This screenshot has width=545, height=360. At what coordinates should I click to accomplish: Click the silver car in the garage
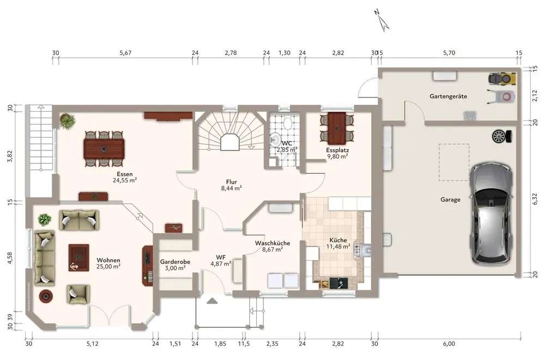491,213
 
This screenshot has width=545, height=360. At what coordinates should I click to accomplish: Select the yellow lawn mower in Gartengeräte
502,79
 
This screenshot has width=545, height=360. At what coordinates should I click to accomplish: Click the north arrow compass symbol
382,21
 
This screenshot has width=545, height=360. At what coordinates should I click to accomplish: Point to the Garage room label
450,200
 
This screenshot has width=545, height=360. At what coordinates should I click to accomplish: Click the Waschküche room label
272,243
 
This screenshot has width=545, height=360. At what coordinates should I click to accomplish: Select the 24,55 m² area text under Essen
124,180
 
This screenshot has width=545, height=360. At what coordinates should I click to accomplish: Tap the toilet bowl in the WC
288,123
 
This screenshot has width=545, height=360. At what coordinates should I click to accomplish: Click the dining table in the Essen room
104,149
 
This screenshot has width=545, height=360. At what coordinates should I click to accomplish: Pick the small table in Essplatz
337,128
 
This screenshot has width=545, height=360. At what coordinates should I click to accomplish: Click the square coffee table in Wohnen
79,258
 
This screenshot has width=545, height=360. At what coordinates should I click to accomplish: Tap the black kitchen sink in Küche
338,284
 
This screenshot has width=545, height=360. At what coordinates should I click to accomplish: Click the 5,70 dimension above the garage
449,53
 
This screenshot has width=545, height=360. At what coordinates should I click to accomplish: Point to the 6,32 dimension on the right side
535,199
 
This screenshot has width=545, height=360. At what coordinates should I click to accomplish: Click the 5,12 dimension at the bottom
92,344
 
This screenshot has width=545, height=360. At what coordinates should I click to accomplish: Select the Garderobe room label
175,261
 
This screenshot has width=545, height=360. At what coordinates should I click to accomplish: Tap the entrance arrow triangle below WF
212,301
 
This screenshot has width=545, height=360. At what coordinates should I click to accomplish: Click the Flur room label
232,182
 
